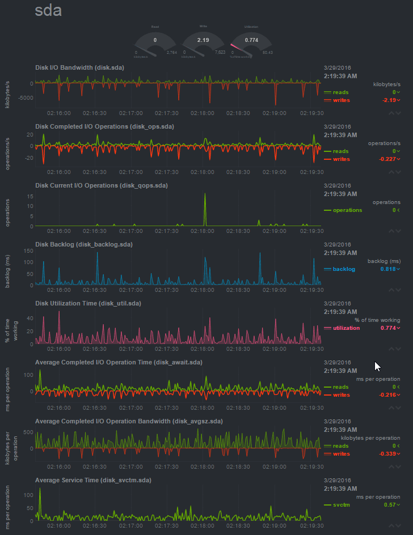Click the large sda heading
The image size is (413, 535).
[x=48, y=11]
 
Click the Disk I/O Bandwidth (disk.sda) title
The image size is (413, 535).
[x=79, y=67]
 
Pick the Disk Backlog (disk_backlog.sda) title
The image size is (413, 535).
[x=84, y=244]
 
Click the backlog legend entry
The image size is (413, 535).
[x=344, y=269]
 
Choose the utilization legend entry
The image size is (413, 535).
[x=346, y=328]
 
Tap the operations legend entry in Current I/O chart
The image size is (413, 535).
[x=347, y=210]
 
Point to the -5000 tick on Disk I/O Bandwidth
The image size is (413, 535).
[x=25, y=98]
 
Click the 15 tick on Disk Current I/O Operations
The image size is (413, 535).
[x=29, y=196]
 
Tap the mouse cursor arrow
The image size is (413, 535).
[x=377, y=366]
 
